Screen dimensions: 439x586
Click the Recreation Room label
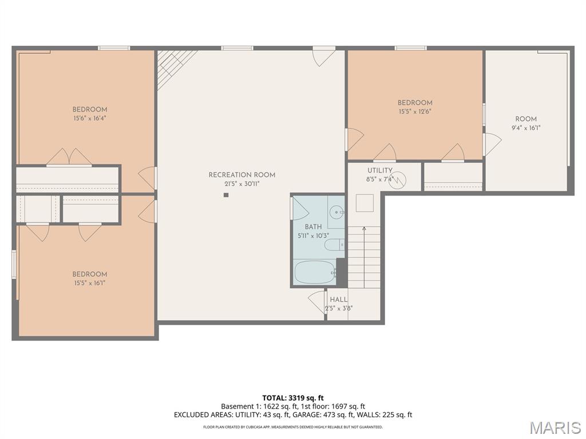(241, 175)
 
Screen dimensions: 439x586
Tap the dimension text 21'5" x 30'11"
(241, 183)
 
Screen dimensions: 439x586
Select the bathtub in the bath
(314, 272)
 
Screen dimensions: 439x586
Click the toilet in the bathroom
(333, 245)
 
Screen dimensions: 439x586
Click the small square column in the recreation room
(226, 195)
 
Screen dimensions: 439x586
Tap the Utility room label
(379, 170)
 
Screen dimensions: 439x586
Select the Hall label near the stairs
(338, 300)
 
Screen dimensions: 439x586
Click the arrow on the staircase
(364, 230)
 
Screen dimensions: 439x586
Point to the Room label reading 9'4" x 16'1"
(526, 119)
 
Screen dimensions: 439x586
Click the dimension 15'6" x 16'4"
(90, 118)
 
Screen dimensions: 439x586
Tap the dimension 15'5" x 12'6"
(415, 111)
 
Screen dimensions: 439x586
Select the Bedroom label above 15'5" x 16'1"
(90, 274)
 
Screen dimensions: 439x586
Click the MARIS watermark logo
(555, 428)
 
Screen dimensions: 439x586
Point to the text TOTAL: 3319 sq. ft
(293, 398)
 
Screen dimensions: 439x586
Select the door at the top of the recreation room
(323, 55)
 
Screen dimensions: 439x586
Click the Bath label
(313, 227)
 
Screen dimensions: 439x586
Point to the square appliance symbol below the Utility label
(365, 203)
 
